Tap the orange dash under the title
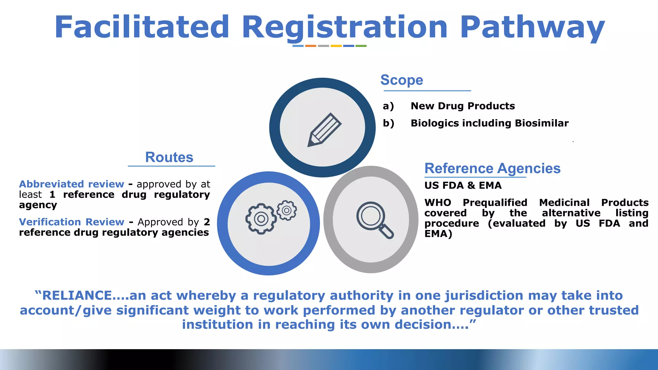click(310, 46)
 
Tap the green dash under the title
click(361, 46)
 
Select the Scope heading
click(402, 80)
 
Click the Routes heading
click(169, 157)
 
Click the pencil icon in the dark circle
click(324, 130)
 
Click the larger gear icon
click(261, 219)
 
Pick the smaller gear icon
click(287, 210)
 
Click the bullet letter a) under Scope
click(388, 106)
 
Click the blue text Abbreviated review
click(71, 184)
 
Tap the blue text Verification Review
click(71, 222)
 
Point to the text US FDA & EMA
click(463, 185)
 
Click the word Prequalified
click(495, 203)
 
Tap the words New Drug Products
click(462, 106)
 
